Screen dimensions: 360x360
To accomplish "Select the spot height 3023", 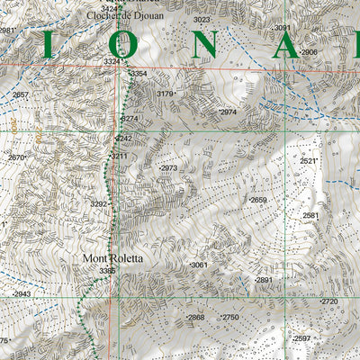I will pos(202,19).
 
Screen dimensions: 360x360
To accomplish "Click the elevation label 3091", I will pos(283,29).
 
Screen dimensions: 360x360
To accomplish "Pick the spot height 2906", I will pos(309,52).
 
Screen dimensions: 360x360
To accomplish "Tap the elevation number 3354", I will pos(138,74).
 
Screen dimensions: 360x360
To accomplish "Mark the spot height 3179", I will pos(165,94).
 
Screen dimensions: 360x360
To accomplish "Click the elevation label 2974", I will pos(228,112).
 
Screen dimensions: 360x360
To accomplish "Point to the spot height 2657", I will pos(21,94).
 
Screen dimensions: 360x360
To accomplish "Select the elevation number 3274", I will pos(130,118).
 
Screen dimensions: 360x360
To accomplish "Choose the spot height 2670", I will pos(16,157).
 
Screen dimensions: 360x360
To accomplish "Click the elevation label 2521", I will pos(309,161).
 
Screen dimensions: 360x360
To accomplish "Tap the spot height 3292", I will pos(99,204).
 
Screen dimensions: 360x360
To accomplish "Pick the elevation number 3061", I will pos(199,265).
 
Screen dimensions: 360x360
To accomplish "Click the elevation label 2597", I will pos(301,338).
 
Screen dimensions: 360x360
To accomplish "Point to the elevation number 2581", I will pos(310,216).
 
